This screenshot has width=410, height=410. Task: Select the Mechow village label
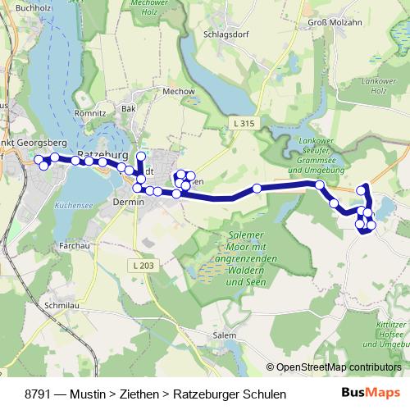pos(178,92)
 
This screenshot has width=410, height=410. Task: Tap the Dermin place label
pos(128,201)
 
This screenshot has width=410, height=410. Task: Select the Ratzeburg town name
pos(102,153)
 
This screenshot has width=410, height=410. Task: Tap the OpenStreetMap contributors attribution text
pos(339,367)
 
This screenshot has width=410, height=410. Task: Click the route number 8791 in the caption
pos(40,394)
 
